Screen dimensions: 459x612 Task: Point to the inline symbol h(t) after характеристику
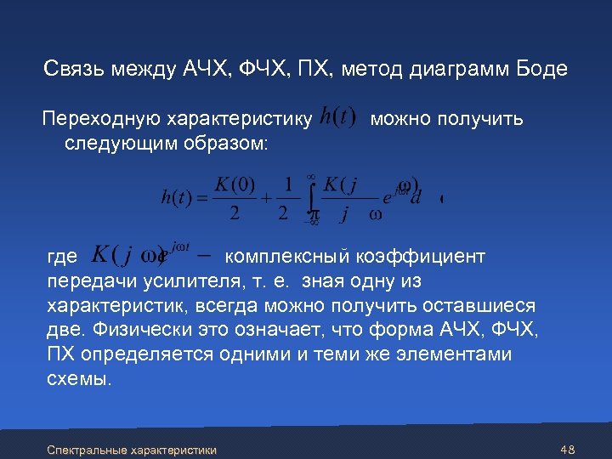tap(338, 119)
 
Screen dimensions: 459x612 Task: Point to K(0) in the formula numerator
tap(235, 184)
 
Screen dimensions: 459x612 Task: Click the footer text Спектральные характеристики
tap(132, 449)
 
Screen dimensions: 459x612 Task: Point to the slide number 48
tap(569, 449)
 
